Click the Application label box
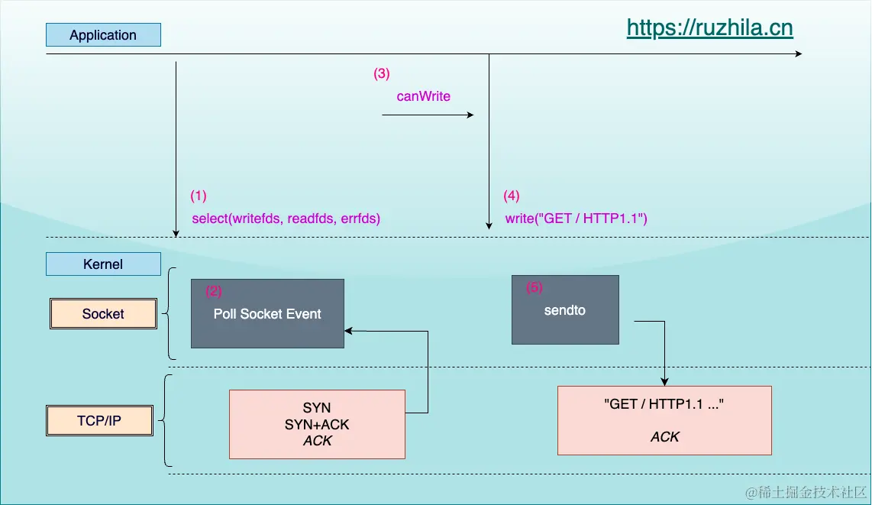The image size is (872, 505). click(103, 35)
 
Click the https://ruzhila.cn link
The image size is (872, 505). click(709, 28)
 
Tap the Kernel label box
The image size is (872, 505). click(103, 264)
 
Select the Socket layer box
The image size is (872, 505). click(103, 314)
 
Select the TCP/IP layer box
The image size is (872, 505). click(99, 421)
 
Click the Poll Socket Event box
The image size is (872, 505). click(267, 314)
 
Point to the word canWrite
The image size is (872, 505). click(424, 96)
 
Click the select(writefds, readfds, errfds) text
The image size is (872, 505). click(286, 219)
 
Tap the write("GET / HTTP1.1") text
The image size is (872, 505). click(576, 219)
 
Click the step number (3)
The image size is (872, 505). click(381, 74)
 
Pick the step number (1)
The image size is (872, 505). click(199, 196)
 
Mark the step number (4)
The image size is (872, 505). click(512, 196)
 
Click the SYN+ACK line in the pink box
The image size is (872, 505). click(317, 424)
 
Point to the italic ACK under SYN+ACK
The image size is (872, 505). click(317, 441)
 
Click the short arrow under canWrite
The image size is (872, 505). click(428, 115)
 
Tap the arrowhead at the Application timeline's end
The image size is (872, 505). click(798, 54)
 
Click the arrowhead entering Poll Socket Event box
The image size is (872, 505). click(349, 331)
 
